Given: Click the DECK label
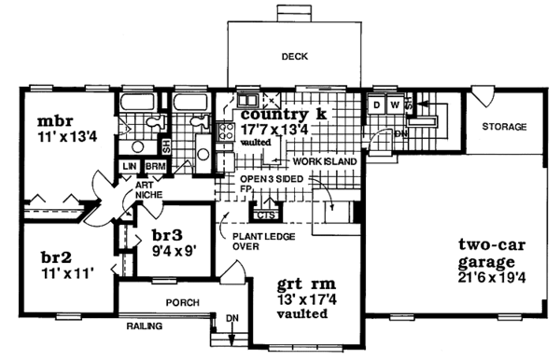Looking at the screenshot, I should (295, 57).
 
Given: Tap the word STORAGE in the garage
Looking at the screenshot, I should (504, 127).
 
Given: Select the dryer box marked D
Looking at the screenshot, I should (376, 105).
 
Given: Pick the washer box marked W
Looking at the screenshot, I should (395, 105).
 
